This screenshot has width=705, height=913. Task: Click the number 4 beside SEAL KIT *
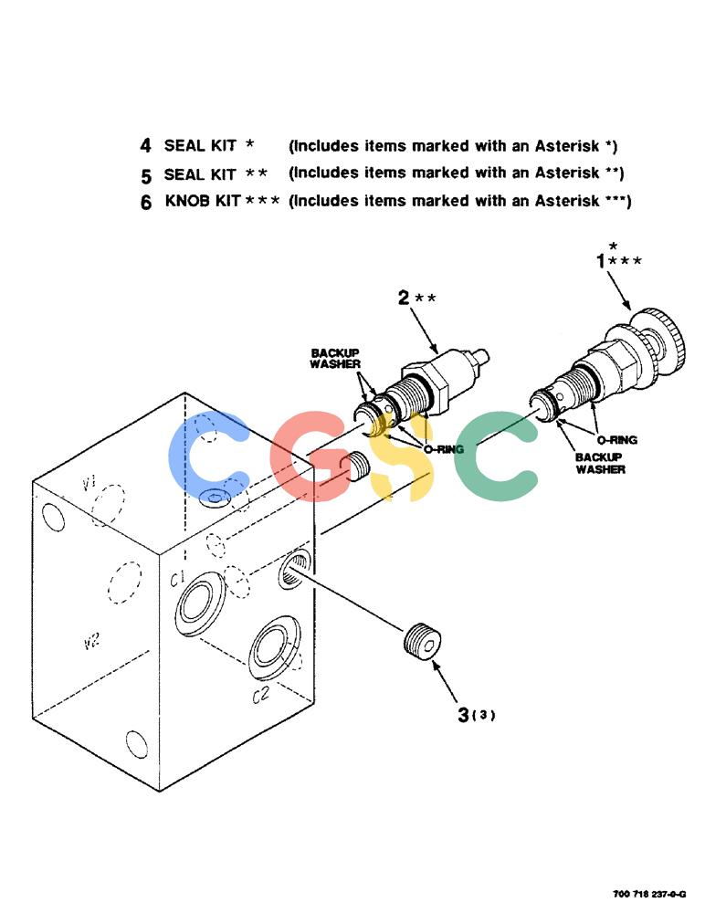coord(145,145)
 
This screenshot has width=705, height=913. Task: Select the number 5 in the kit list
coord(146,175)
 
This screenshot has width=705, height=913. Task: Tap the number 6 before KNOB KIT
coord(146,202)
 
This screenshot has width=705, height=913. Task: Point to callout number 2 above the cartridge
coord(404,298)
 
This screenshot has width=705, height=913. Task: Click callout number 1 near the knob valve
coord(601,261)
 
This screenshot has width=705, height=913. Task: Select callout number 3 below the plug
coord(463,715)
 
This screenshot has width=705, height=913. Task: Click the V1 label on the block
coord(89,482)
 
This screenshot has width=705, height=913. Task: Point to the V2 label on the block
coord(91,641)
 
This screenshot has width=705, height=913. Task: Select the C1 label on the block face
coord(178,578)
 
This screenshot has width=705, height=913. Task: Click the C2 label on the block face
coord(260,695)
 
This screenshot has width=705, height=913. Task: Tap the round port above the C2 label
coord(274,647)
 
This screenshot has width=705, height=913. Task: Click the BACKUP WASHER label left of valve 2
coord(335,359)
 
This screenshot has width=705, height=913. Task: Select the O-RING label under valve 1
coord(616,440)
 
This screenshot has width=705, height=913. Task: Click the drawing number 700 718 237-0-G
coord(649,894)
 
